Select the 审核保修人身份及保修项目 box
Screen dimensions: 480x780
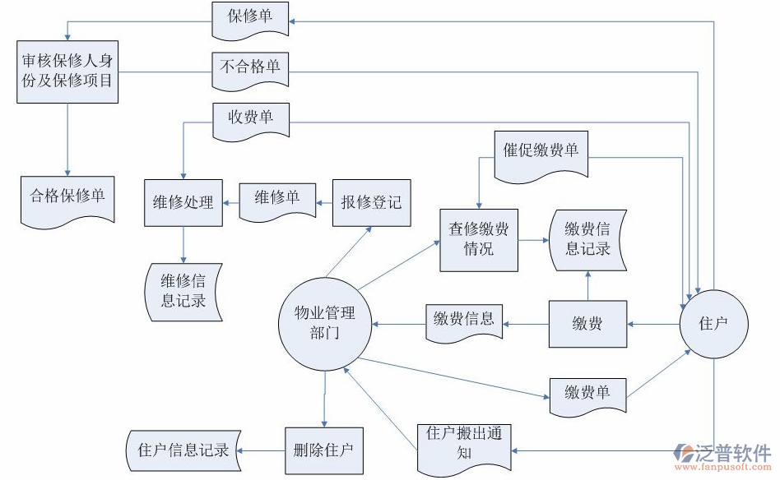67,72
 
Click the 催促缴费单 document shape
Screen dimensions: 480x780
541,153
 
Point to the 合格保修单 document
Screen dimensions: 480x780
67,198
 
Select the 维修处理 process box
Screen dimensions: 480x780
183,202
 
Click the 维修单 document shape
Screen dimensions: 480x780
276,200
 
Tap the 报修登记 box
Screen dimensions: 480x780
371,202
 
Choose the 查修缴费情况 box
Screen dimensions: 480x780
478,240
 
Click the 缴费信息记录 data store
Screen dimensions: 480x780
587,239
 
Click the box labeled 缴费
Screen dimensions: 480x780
587,324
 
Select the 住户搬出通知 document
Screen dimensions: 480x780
463,446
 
